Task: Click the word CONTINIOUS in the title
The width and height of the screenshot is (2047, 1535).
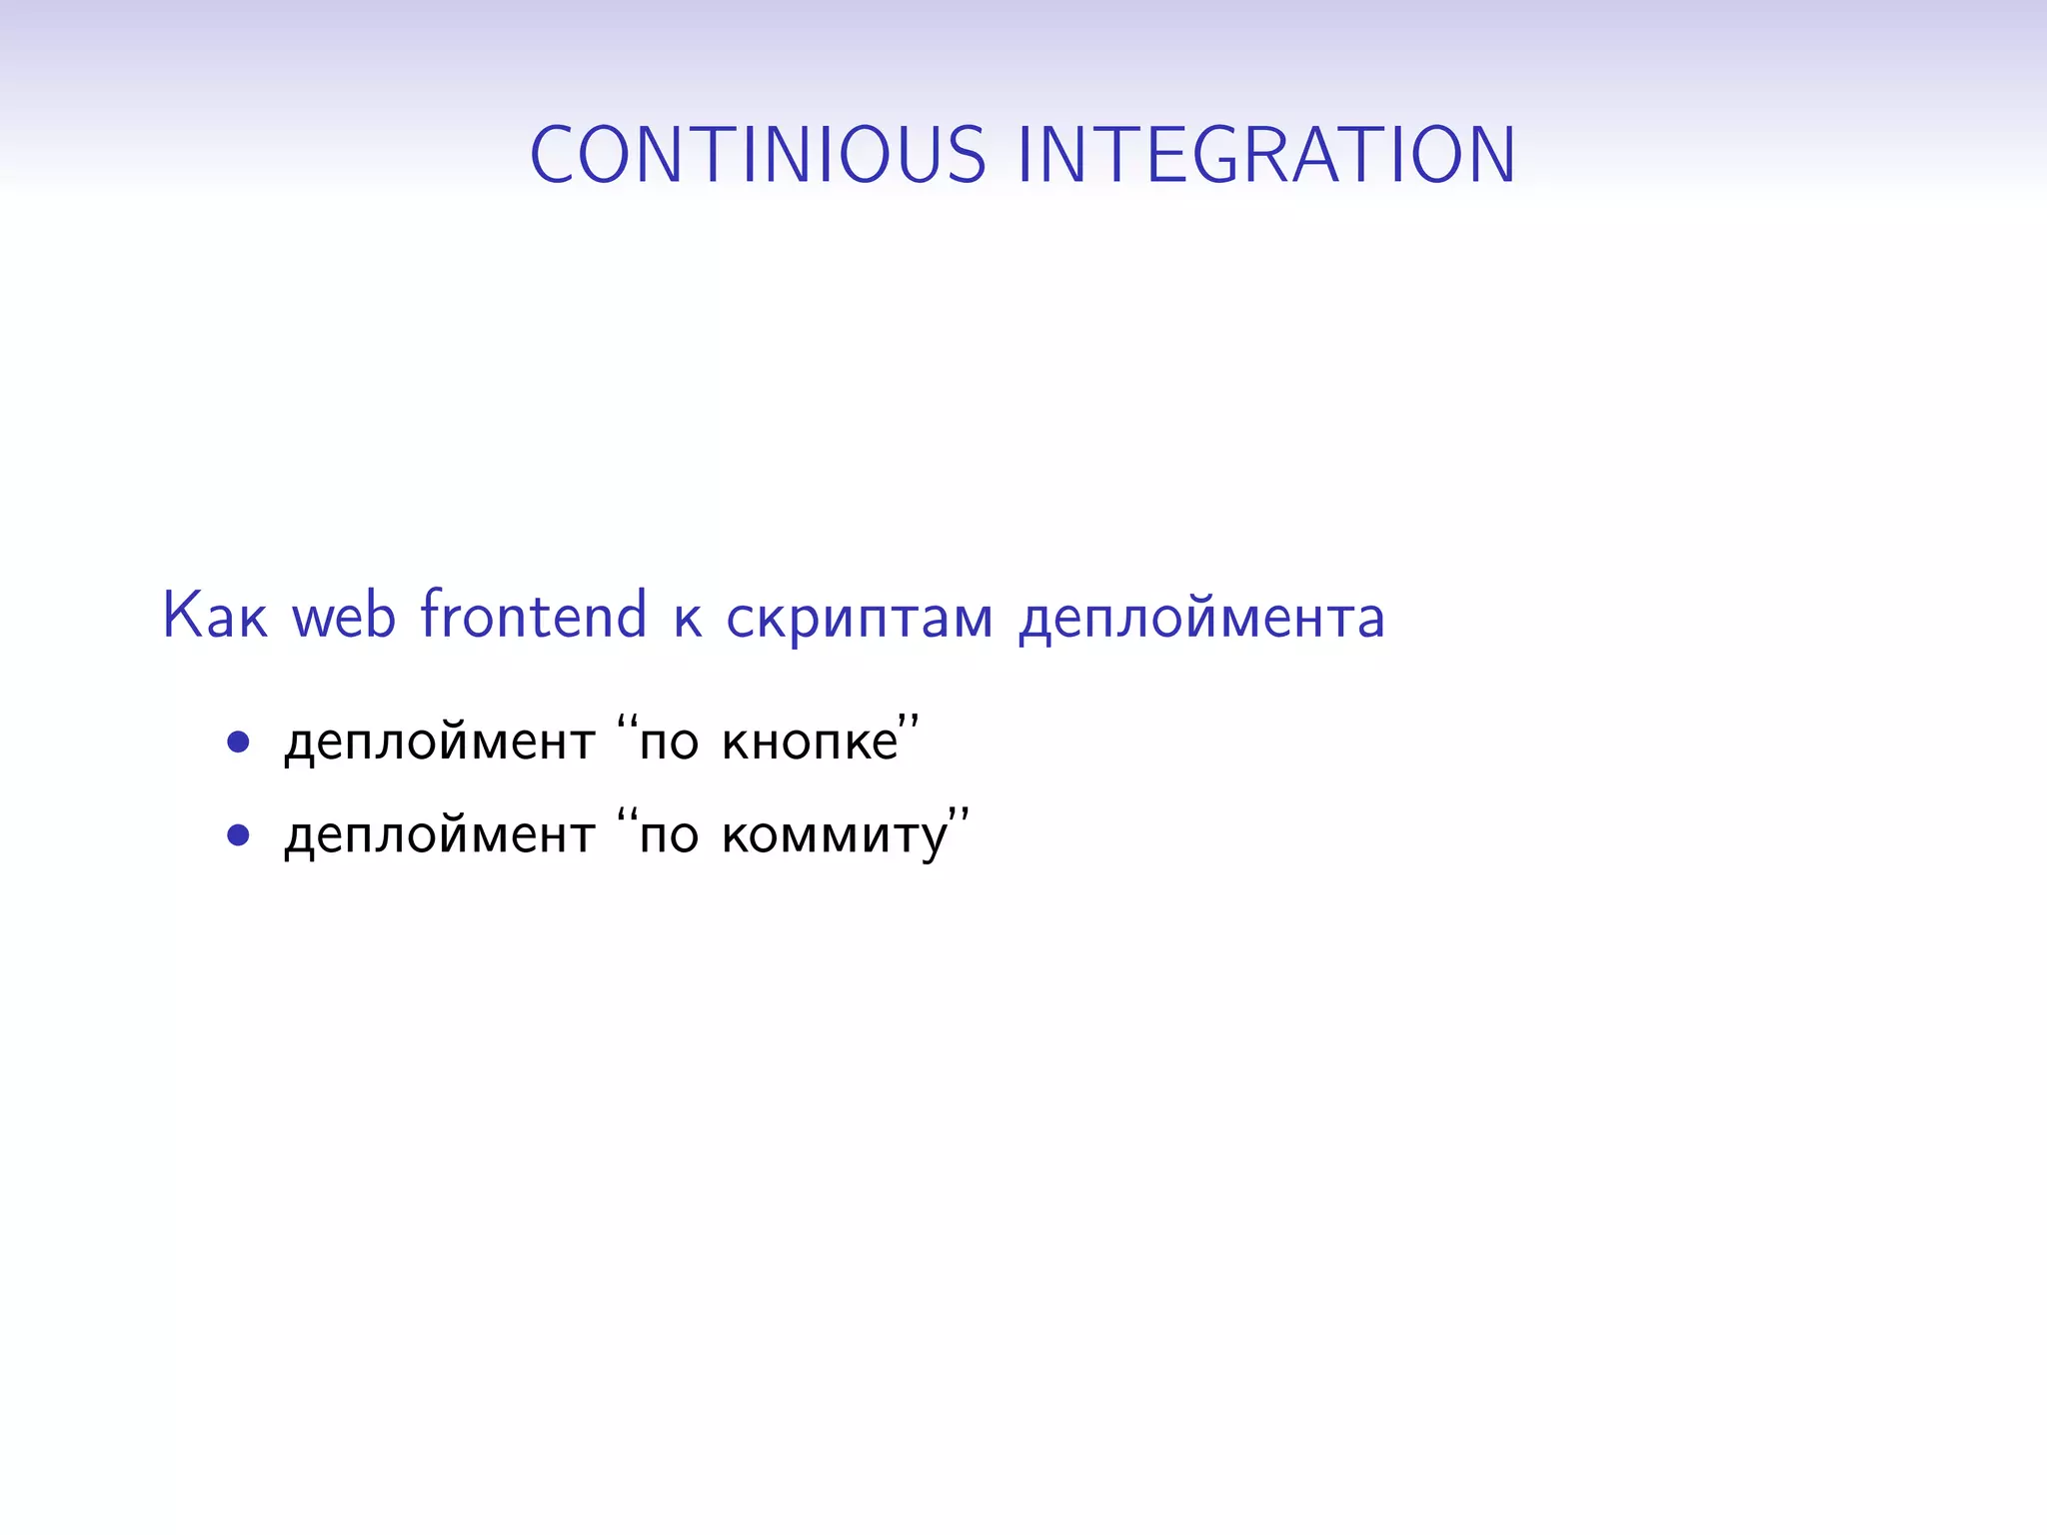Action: [x=758, y=155]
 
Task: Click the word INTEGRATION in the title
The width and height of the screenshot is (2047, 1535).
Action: [x=1266, y=155]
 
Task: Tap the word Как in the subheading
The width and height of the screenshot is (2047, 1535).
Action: [x=215, y=615]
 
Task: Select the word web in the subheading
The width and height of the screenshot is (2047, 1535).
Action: [x=344, y=615]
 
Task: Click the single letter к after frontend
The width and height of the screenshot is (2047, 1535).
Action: [x=688, y=620]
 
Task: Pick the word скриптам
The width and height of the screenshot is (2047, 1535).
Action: [x=860, y=620]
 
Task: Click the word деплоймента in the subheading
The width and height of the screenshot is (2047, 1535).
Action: [x=1201, y=620]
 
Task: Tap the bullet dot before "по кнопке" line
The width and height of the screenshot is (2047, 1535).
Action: [x=238, y=742]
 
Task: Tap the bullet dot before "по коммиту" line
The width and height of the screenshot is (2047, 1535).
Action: [x=238, y=834]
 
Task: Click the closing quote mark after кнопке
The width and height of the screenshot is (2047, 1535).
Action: [x=910, y=721]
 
